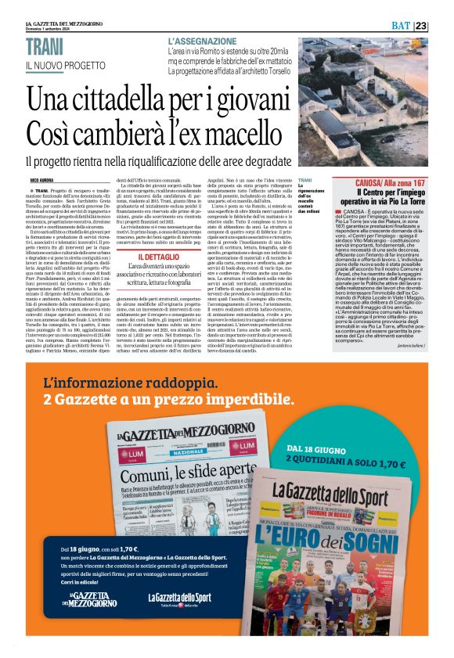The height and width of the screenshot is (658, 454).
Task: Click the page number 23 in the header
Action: (441, 26)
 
